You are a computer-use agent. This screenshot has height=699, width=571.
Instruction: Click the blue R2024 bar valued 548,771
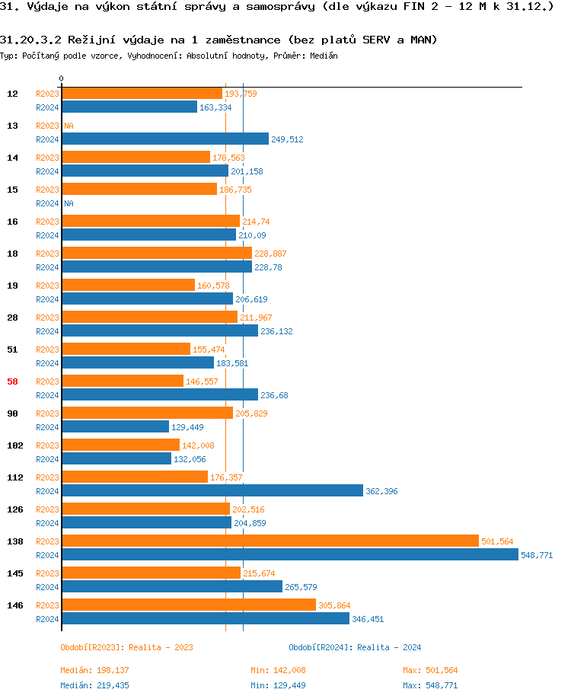289,555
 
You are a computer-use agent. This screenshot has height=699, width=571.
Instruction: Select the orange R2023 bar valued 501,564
270,541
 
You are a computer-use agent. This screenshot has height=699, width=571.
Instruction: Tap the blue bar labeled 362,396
212,491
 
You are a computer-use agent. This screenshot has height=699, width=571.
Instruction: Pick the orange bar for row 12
142,94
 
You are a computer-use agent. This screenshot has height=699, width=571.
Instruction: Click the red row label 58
13,381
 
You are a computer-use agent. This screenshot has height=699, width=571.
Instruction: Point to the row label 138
13,541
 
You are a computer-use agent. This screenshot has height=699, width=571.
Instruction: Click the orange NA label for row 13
69,126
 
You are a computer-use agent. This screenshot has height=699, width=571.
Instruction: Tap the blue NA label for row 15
69,203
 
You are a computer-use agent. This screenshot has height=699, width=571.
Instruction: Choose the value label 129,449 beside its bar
187,427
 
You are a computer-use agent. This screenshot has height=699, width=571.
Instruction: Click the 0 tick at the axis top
62,78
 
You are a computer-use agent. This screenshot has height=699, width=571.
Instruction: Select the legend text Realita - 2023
161,647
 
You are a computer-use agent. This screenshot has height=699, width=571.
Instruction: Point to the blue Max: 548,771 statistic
430,685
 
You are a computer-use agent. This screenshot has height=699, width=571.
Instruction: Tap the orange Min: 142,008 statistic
278,670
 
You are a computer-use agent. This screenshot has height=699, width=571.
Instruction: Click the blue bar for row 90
115,427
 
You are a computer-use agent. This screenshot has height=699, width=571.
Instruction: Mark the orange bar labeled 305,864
189,605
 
